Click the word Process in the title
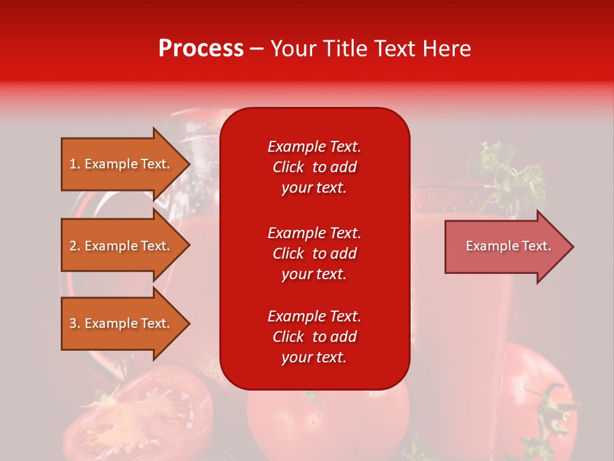(201, 49)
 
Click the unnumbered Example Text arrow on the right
(505, 247)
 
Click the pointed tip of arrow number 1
(188, 164)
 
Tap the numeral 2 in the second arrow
(73, 246)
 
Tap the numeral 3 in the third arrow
(73, 323)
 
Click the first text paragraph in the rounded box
(314, 167)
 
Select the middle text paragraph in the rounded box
(314, 254)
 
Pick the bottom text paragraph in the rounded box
(314, 337)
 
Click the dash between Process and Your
(257, 49)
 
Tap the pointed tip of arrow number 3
(188, 323)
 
